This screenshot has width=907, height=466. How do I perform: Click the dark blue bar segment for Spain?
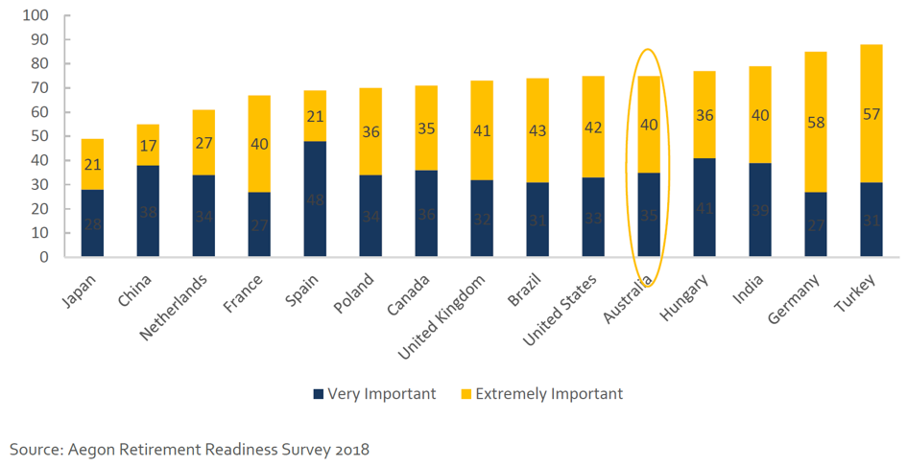(x=315, y=198)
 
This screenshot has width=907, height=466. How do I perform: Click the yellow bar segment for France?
(x=259, y=144)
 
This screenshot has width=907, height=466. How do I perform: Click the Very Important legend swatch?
(x=318, y=394)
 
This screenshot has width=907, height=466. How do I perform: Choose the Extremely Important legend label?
(x=549, y=394)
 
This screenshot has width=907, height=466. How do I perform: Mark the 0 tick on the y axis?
(x=42, y=257)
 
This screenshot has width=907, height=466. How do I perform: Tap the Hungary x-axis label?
(x=686, y=293)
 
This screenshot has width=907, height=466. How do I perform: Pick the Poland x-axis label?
(x=354, y=291)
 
